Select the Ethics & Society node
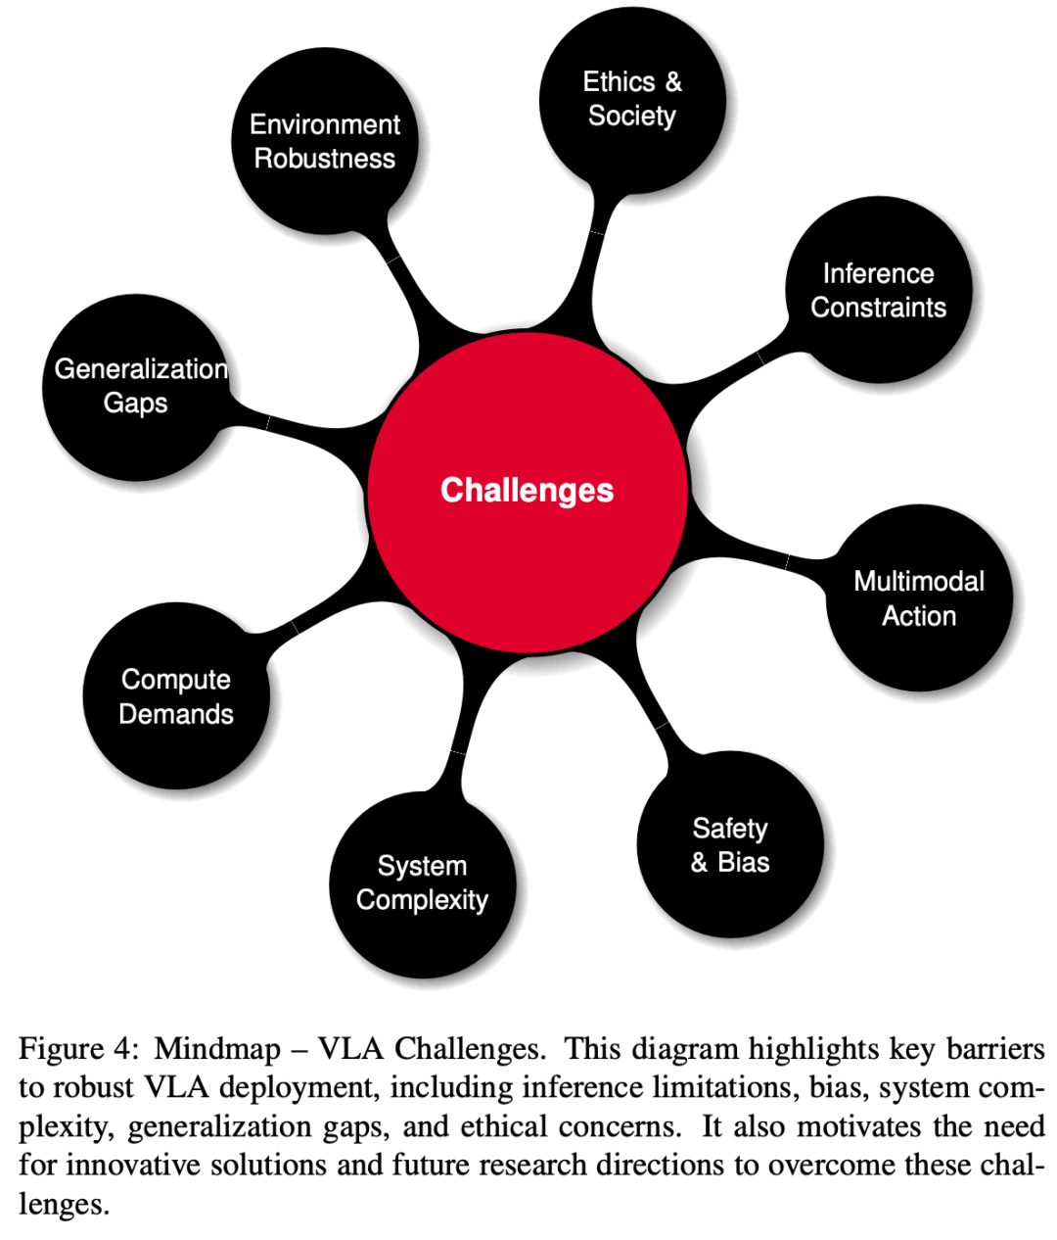(632, 99)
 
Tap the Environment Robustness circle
(324, 142)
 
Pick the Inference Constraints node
(878, 290)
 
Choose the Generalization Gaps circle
(136, 387)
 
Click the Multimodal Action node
(919, 598)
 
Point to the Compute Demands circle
(176, 696)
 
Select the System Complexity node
(422, 883)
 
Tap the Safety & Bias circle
(730, 844)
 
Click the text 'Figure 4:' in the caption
(74, 1050)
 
